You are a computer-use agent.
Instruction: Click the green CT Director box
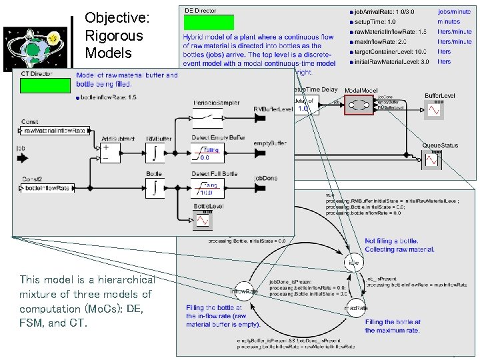pyautogui.click(x=45, y=85)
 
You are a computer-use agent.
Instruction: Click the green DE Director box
pyautogui.click(x=209, y=23)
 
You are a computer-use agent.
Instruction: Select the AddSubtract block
pyautogui.click(x=112, y=154)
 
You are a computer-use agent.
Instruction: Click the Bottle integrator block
pyautogui.click(x=155, y=188)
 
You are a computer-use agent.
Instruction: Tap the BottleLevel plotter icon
pyautogui.click(x=202, y=218)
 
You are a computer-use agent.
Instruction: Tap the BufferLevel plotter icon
pyautogui.click(x=435, y=109)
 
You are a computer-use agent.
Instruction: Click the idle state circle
pyautogui.click(x=355, y=263)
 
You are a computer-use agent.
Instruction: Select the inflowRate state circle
pyautogui.click(x=244, y=291)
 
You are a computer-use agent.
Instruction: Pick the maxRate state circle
pyautogui.click(x=355, y=309)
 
